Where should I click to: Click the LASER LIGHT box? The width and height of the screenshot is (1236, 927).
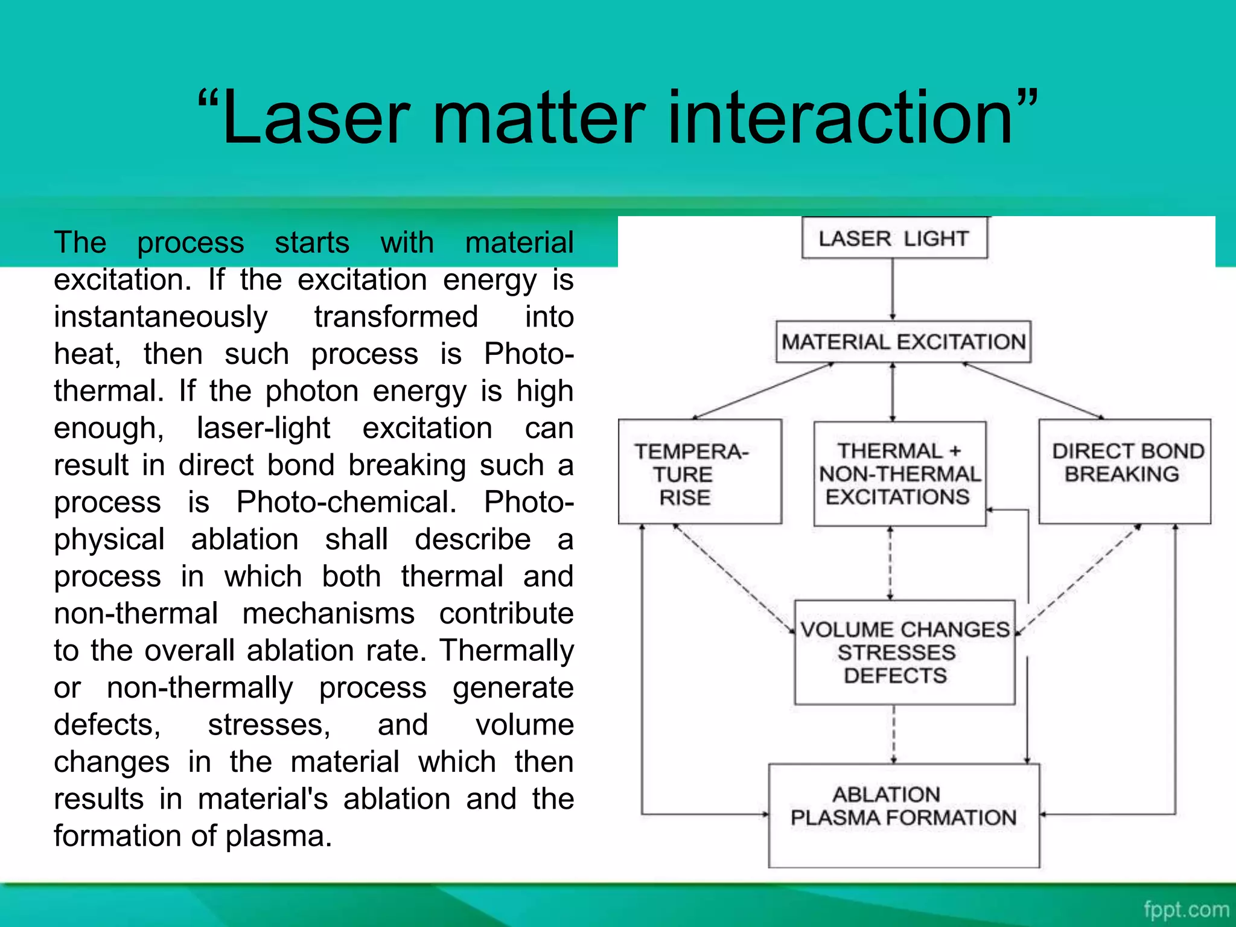click(x=894, y=238)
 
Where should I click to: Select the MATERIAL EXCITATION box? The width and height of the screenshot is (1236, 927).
click(x=903, y=342)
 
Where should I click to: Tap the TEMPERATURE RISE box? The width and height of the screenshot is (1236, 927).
click(x=700, y=472)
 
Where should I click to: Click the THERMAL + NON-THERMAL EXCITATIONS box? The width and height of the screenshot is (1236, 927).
click(x=899, y=474)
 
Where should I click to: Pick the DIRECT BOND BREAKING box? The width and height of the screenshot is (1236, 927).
click(x=1124, y=472)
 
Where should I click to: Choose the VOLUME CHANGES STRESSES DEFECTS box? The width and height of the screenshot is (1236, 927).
click(x=904, y=652)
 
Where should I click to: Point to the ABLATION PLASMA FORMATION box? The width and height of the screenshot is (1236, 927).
click(x=903, y=815)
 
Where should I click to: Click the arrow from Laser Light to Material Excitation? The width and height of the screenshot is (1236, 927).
click(x=893, y=289)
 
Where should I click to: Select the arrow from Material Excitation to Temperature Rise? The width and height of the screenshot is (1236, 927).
click(x=763, y=390)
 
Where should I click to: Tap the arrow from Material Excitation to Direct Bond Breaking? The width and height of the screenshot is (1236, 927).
click(x=1033, y=390)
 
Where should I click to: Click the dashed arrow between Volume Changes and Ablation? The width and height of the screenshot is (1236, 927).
click(x=894, y=734)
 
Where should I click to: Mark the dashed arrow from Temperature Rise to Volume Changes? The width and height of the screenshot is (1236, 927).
click(x=733, y=578)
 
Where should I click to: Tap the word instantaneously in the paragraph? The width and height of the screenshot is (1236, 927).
click(x=161, y=317)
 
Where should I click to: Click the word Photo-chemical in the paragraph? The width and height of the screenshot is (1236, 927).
click(x=346, y=502)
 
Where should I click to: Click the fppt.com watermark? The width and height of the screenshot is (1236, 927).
click(x=1186, y=909)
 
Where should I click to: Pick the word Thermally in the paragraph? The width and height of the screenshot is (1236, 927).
click(x=506, y=651)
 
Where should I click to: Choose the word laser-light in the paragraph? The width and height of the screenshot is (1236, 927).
click(x=263, y=428)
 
